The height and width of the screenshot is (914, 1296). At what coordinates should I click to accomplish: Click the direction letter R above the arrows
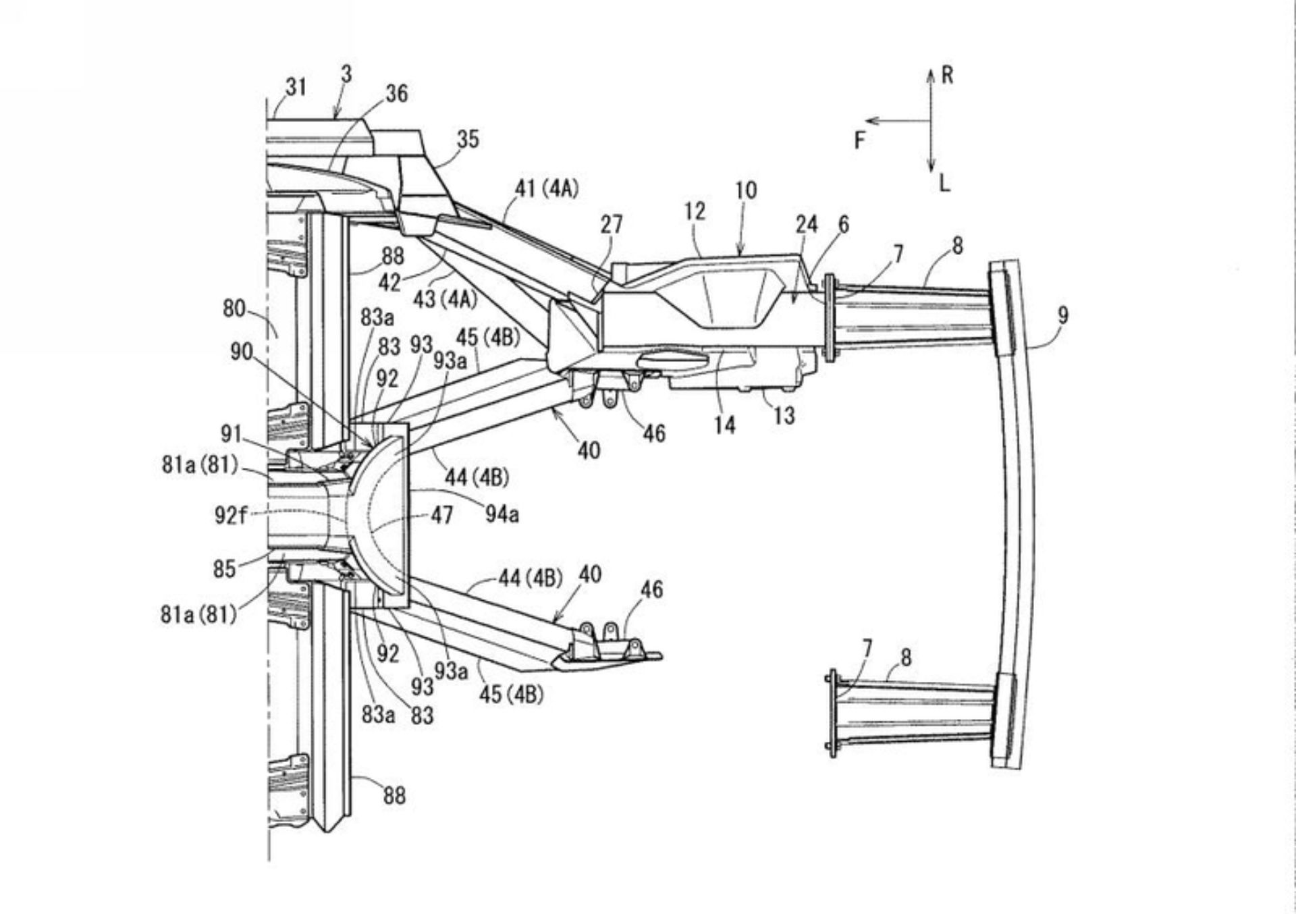point(947,75)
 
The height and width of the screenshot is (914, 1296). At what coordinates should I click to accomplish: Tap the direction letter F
point(859,140)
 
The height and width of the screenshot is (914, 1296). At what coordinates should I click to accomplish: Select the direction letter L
point(944,182)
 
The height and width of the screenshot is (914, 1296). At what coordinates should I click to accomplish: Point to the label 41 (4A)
point(547,188)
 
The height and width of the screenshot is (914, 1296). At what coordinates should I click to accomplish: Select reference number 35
point(467,139)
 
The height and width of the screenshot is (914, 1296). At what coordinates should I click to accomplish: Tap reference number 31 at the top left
point(296,86)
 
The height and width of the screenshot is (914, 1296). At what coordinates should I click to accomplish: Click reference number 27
point(611,224)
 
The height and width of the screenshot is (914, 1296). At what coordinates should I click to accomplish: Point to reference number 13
point(783,416)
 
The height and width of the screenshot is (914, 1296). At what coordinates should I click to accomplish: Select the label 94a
point(502,515)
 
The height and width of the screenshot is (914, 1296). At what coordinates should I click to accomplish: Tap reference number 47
point(441,515)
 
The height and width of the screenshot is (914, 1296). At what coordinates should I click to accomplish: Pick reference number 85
point(224,568)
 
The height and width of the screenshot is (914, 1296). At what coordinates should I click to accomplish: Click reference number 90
point(241,352)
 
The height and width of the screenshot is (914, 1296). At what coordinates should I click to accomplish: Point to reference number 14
point(724,425)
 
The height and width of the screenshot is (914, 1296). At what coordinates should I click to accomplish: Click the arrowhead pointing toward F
point(871,122)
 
